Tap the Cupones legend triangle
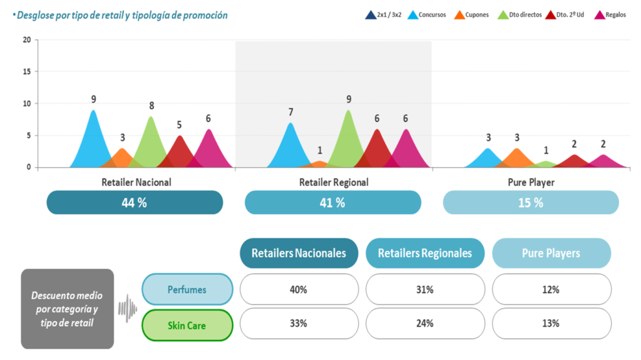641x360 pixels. pyautogui.click(x=459, y=15)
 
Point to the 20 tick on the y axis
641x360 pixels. pyautogui.click(x=26, y=40)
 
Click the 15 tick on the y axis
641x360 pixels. pyautogui.click(x=26, y=72)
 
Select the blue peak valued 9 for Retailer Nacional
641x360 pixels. pyautogui.click(x=93, y=113)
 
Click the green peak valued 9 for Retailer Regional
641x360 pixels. pyautogui.click(x=348, y=113)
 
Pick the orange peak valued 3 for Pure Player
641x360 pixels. pyautogui.click(x=516, y=150)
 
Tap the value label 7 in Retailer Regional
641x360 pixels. pyautogui.click(x=290, y=112)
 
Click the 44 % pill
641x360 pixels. pyautogui.click(x=135, y=203)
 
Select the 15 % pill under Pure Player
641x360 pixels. pyautogui.click(x=530, y=203)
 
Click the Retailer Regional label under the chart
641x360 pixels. pyautogui.click(x=333, y=182)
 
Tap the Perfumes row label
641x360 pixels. pyautogui.click(x=187, y=290)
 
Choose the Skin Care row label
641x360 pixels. pyautogui.click(x=187, y=325)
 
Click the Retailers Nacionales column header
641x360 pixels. pyautogui.click(x=299, y=254)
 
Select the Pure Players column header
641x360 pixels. pyautogui.click(x=551, y=254)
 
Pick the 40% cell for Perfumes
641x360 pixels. pyautogui.click(x=299, y=290)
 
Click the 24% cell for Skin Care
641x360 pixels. pyautogui.click(x=424, y=324)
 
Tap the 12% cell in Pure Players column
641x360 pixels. pyautogui.click(x=551, y=290)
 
